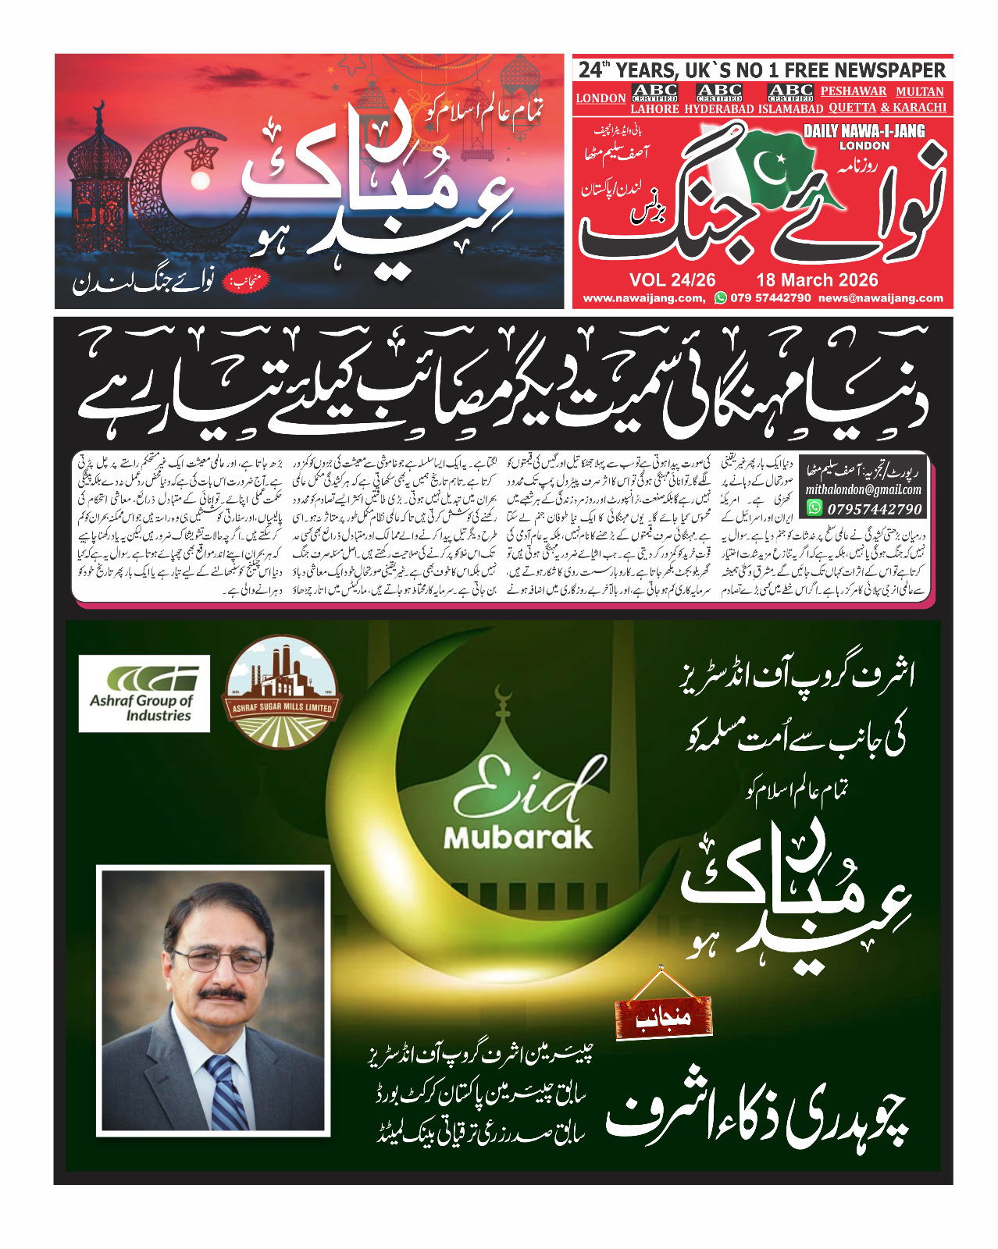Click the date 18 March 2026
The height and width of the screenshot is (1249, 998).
(x=816, y=280)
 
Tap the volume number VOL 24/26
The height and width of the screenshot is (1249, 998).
(x=672, y=280)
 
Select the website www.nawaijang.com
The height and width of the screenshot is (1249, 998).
(x=643, y=298)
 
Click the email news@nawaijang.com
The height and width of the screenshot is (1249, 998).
(x=881, y=298)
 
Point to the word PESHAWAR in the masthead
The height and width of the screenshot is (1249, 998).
(x=853, y=91)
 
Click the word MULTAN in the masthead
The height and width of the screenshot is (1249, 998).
(x=920, y=91)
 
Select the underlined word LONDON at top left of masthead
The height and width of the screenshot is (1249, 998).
(x=601, y=98)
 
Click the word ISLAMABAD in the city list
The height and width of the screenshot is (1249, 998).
(x=790, y=109)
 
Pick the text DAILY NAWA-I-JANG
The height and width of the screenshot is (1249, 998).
(x=864, y=131)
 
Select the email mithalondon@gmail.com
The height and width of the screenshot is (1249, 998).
(x=863, y=490)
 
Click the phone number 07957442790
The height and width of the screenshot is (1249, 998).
(x=874, y=509)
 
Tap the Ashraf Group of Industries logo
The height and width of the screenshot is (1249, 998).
(x=144, y=693)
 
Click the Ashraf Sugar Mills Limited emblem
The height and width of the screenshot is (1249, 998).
(x=282, y=692)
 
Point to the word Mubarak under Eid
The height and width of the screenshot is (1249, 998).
(x=518, y=838)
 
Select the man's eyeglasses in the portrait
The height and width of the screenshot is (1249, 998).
(x=218, y=959)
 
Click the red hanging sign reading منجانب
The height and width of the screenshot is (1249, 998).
(x=663, y=1018)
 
